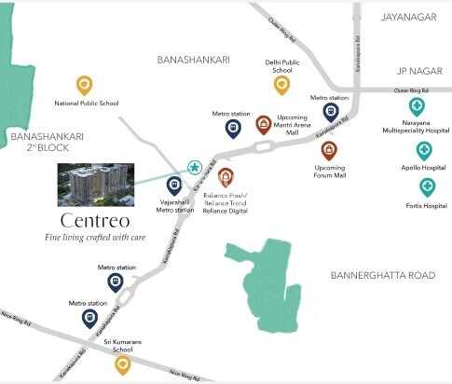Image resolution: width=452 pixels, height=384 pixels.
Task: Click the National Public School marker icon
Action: [85, 85]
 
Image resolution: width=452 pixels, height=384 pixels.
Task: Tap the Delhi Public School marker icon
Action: [281, 85]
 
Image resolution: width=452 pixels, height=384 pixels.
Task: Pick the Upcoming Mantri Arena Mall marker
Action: [265, 124]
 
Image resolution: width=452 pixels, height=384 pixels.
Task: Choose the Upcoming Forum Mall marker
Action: [329, 149]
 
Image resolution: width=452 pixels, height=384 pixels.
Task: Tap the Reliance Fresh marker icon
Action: [225, 176]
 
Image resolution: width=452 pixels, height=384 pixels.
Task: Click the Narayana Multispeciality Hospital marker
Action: [417, 106]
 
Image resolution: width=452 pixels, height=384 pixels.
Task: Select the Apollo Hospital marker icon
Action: [424, 150]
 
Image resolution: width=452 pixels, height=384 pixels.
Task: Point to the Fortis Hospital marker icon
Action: [427, 185]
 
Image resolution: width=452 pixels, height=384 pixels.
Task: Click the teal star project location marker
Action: [195, 168]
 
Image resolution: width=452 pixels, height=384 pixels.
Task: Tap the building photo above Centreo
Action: [94, 184]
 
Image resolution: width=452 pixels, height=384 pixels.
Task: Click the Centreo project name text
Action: [93, 222]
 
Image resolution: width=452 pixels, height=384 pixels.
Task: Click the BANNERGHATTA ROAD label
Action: [383, 276]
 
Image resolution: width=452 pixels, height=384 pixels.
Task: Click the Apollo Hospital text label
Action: [424, 170]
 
